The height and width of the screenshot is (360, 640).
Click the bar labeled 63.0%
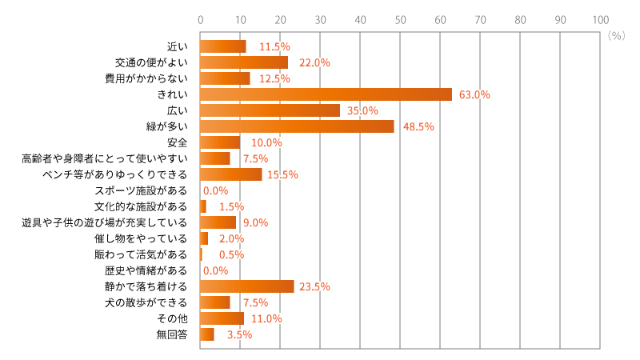326,94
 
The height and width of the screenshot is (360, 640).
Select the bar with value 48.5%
297,126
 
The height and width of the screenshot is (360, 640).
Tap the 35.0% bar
270,110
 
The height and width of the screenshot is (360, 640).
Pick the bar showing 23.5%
247,286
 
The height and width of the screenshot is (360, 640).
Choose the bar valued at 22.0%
244,62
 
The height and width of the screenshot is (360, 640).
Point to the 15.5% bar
231,174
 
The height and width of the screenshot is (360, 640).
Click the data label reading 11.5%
274,46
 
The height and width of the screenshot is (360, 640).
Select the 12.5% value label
274,78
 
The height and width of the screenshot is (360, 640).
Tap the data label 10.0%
266,142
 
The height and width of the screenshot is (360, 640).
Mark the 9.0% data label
255,222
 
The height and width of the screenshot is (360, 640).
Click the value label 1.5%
231,206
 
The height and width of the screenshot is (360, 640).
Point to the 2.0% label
231,238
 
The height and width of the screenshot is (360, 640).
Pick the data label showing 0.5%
231,254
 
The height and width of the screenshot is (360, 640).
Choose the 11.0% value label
266,318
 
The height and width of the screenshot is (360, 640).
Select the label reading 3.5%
239,334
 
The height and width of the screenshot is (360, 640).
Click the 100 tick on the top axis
600,20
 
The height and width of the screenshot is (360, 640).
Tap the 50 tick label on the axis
400,20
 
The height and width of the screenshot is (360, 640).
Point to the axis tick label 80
520,20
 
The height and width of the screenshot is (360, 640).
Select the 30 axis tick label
320,20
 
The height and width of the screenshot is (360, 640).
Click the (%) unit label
616,36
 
